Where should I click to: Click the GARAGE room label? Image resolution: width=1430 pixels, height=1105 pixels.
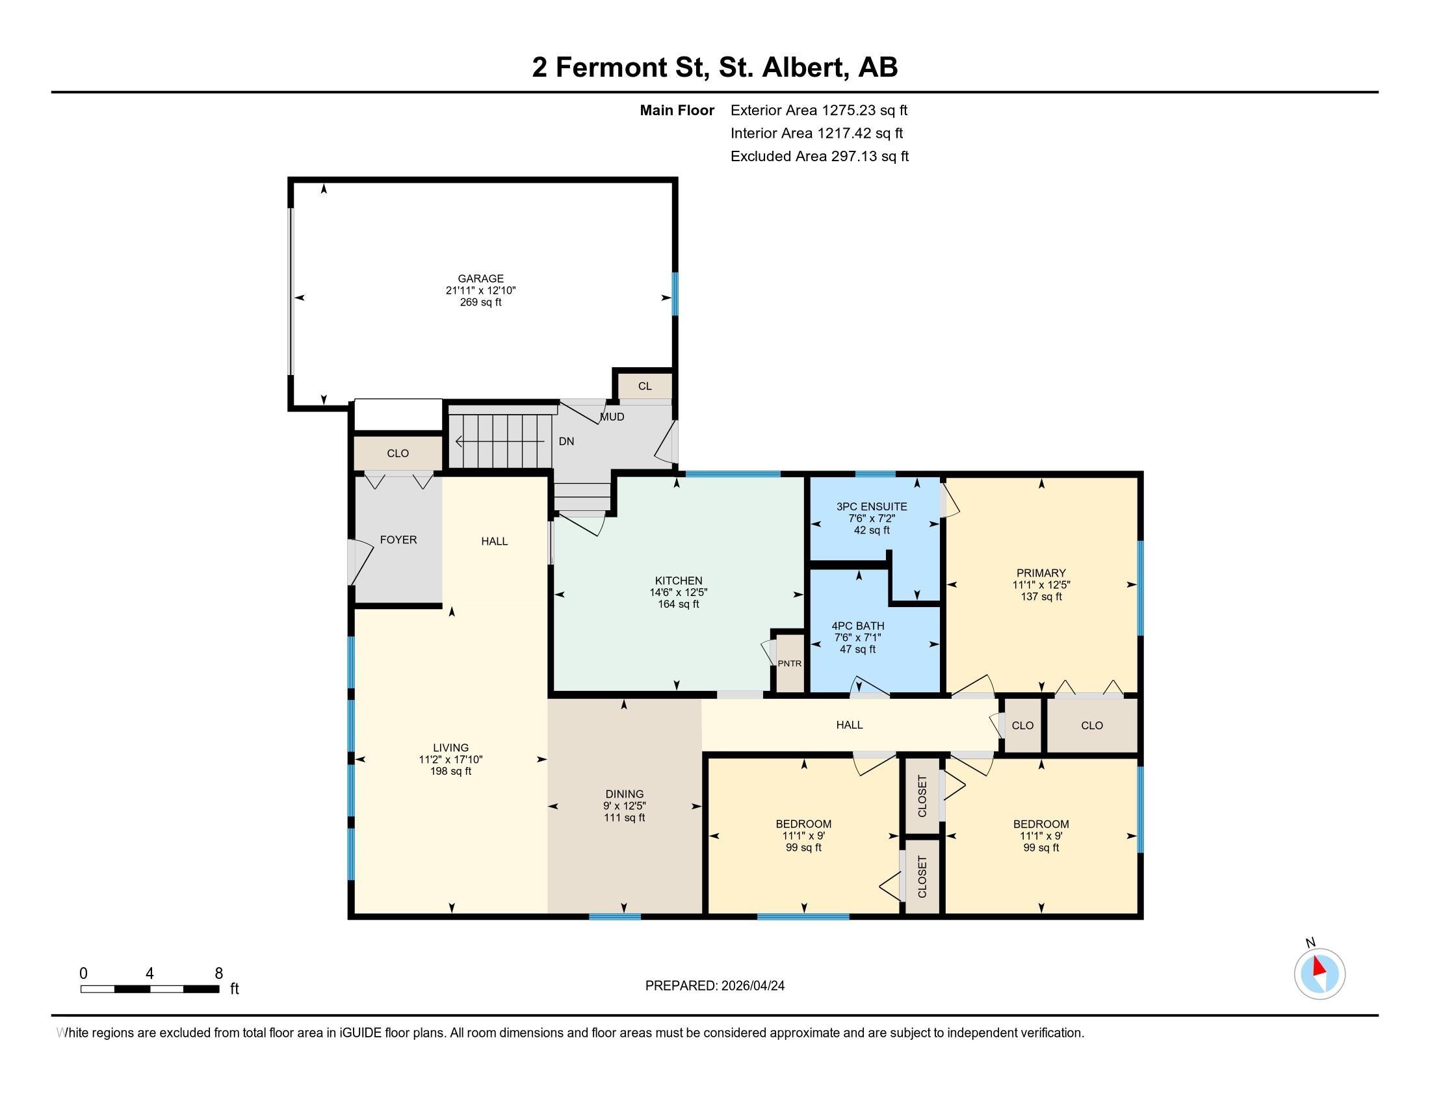click(x=480, y=278)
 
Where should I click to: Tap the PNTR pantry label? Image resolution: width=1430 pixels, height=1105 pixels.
click(x=789, y=663)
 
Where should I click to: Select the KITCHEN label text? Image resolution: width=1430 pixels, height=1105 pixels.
click(x=679, y=580)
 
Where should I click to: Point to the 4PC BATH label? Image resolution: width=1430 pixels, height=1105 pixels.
click(x=858, y=626)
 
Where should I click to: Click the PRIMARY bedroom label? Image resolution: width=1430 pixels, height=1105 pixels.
click(x=1041, y=573)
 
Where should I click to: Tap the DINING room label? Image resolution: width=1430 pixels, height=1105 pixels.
click(x=624, y=794)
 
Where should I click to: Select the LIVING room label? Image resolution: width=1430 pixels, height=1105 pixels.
click(x=450, y=747)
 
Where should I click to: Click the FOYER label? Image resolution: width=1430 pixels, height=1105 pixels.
click(x=398, y=540)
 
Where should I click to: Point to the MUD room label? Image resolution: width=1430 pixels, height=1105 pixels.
click(x=612, y=417)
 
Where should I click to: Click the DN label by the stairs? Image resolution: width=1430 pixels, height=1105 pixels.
click(x=566, y=442)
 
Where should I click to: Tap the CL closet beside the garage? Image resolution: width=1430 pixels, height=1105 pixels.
click(x=645, y=386)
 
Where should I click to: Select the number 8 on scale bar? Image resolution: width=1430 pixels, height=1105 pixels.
click(x=218, y=974)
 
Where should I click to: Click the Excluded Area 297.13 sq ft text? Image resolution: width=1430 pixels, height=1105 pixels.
click(x=819, y=157)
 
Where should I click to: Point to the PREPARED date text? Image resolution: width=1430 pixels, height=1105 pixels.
click(x=714, y=986)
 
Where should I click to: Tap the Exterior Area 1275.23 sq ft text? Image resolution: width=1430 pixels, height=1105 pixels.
click(x=818, y=110)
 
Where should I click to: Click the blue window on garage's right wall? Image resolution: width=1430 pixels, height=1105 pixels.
click(x=675, y=294)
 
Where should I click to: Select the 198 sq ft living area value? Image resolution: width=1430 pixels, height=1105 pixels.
click(x=450, y=771)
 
